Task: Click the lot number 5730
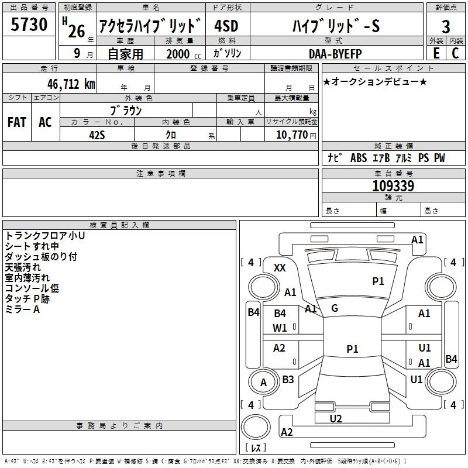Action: click(29, 26)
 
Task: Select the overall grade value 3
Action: click(446, 26)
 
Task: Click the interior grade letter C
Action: click(455, 53)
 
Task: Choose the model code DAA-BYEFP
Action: click(335, 54)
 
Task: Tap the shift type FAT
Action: click(17, 122)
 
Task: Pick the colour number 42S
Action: click(97, 135)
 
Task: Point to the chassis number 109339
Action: click(393, 186)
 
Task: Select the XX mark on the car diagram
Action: click(280, 267)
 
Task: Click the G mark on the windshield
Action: click(334, 308)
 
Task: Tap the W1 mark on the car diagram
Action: click(280, 328)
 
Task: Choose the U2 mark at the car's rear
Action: click(336, 419)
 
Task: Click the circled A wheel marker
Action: click(263, 383)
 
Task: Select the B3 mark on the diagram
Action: click(288, 379)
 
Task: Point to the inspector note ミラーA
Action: click(22, 309)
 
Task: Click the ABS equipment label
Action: click(358, 158)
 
